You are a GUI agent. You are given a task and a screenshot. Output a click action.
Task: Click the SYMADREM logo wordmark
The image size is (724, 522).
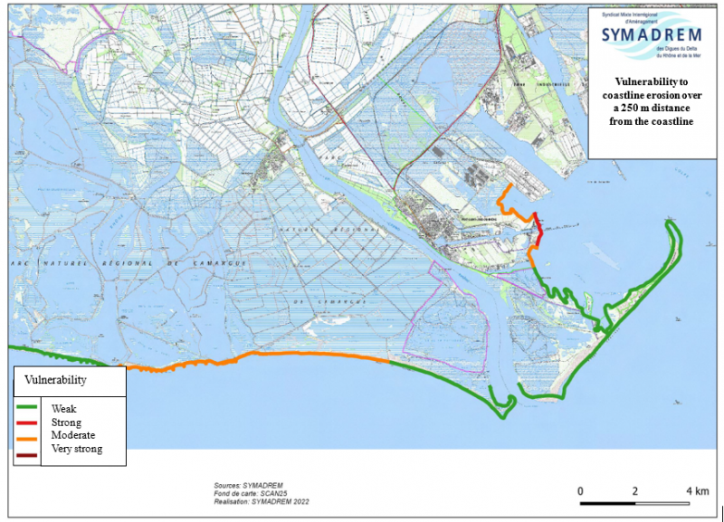653,35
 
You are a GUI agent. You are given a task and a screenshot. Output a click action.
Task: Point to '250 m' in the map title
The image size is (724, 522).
630,108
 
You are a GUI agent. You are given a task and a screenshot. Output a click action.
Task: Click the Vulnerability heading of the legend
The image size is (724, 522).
55,381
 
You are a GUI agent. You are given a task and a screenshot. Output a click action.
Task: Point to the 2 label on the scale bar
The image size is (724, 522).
636,490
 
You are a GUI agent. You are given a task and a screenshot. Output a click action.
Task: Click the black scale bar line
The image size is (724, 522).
638,502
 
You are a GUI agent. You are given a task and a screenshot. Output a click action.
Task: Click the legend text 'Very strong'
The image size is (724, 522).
77,449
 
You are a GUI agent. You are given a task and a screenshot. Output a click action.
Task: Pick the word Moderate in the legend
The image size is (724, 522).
72,435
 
